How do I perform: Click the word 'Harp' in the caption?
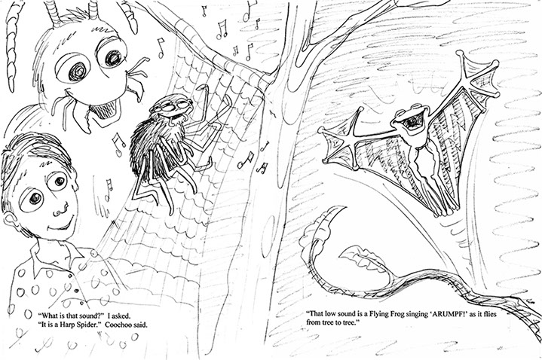(x=68, y=325)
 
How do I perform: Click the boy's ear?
(x=11, y=223)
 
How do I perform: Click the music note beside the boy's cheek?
(x=109, y=189)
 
